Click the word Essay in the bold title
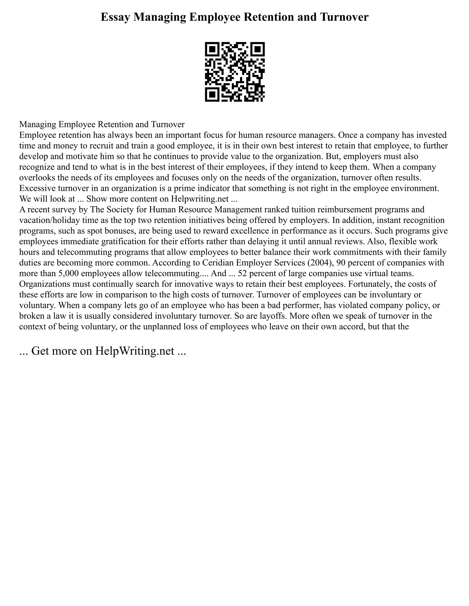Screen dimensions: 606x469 tap(115, 17)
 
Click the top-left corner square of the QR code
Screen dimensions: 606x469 tap(213, 49)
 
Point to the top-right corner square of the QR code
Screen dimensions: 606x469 tap(257, 49)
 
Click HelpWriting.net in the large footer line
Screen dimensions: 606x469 tap(134, 351)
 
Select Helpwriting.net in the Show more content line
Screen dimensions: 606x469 tap(199, 199)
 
